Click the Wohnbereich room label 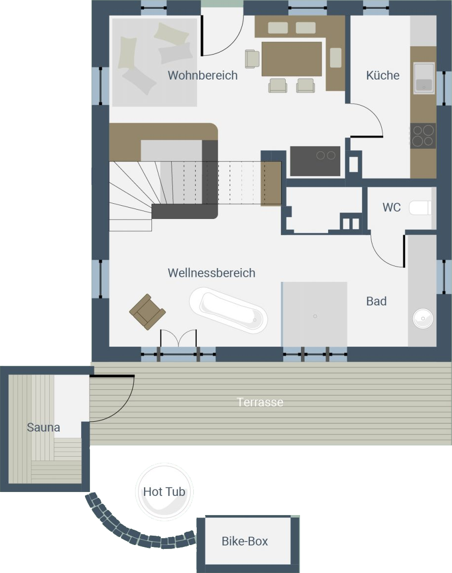pyautogui.click(x=203, y=75)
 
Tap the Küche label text pyautogui.click(x=383, y=75)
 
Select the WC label pyautogui.click(x=392, y=207)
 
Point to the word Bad pyautogui.click(x=376, y=301)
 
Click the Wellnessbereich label pyautogui.click(x=211, y=273)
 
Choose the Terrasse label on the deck pyautogui.click(x=260, y=402)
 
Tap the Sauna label pyautogui.click(x=43, y=427)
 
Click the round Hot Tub pyautogui.click(x=164, y=492)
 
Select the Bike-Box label pyautogui.click(x=244, y=541)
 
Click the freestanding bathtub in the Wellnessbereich pyautogui.click(x=228, y=310)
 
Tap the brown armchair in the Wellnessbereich pyautogui.click(x=147, y=312)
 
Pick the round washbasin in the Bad pyautogui.click(x=423, y=319)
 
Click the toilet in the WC pyautogui.click(x=420, y=208)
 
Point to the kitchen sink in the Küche pyautogui.click(x=424, y=78)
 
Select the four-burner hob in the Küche pyautogui.click(x=422, y=136)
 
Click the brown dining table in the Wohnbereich pyautogui.click(x=292, y=59)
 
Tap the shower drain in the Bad pyautogui.click(x=315, y=316)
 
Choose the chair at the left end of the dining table pyautogui.click(x=252, y=59)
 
